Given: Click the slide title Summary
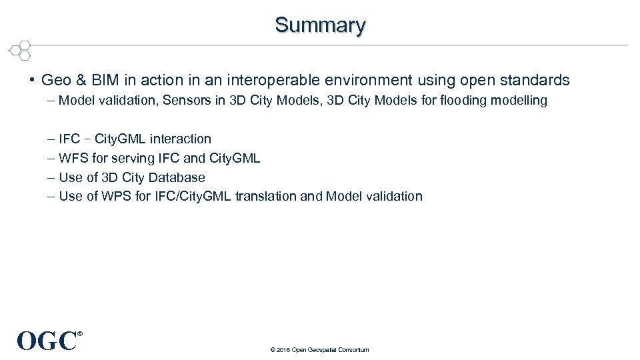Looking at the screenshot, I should point(320,25).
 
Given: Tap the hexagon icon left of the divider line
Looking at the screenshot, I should point(21,49).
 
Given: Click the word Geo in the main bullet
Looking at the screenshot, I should point(55,81).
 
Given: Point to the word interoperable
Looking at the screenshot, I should point(263,81).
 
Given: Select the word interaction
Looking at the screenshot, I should point(180,139).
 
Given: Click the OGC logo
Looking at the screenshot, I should point(47,341).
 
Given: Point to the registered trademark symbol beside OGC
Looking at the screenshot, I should point(80,333).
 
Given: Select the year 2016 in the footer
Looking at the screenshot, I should point(281,350).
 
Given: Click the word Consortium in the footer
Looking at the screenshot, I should point(353,350).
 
